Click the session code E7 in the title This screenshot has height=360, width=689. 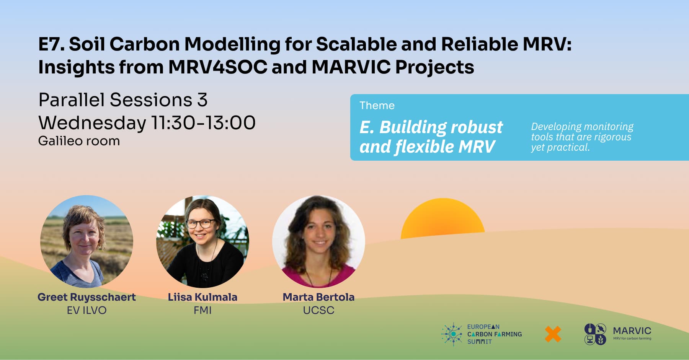[x=51, y=44]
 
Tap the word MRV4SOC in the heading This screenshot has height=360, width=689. [x=218, y=67]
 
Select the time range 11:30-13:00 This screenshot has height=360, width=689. [x=204, y=123]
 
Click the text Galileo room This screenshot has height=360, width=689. [x=79, y=141]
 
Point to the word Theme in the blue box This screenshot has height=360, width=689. [x=377, y=106]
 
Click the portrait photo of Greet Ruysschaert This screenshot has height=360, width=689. [x=87, y=241]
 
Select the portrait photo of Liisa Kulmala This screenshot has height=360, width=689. [x=202, y=241]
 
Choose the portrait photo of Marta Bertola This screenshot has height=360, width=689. [x=318, y=241]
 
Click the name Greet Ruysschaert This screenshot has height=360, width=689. [x=87, y=297]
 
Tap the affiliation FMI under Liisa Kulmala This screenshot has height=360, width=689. [x=202, y=310]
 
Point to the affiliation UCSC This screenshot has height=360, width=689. [x=318, y=310]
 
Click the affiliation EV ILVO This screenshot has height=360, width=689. [x=87, y=310]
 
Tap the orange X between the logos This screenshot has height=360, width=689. [x=553, y=334]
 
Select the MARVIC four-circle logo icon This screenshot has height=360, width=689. [x=595, y=334]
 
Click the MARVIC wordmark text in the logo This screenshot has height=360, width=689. [x=632, y=331]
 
